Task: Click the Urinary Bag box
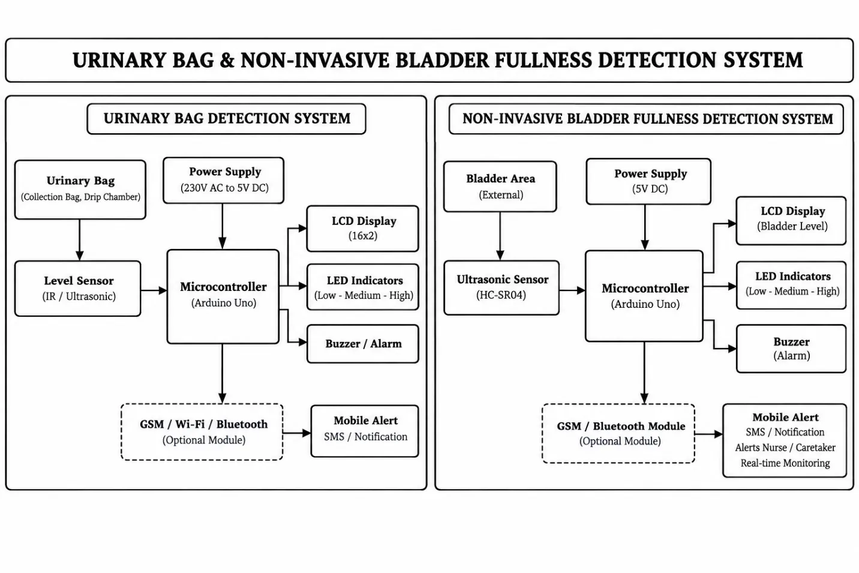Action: point(80,190)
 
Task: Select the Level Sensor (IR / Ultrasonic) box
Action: point(78,289)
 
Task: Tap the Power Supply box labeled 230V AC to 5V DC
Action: point(224,180)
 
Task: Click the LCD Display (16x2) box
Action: point(363,229)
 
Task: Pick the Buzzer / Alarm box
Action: point(363,344)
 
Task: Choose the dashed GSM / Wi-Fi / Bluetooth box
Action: point(202,432)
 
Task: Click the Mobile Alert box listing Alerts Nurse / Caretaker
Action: point(785,440)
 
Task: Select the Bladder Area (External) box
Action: point(500,187)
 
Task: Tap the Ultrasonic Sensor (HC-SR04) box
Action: point(501,287)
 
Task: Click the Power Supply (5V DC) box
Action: point(648,181)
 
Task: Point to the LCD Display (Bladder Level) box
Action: point(791,221)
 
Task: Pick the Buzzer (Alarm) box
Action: point(791,349)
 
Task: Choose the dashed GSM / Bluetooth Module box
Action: point(618,433)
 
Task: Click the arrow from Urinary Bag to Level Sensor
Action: point(80,240)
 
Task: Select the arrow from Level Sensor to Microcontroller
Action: point(154,290)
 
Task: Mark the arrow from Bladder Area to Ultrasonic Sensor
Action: point(500,236)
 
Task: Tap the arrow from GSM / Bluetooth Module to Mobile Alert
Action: point(709,434)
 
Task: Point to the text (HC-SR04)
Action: point(501,295)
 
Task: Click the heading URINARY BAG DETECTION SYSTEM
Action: point(227,119)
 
